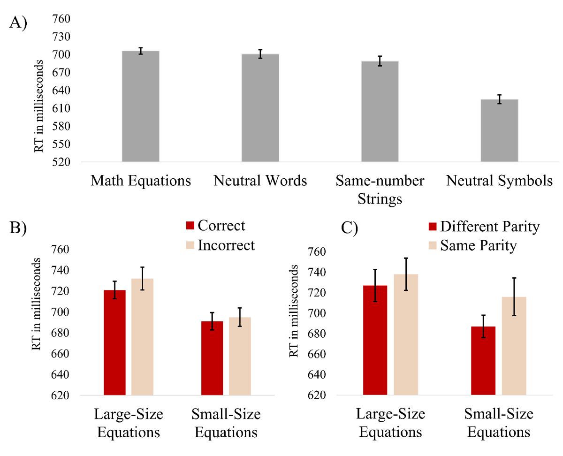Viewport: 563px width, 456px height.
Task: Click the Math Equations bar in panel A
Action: tap(140, 106)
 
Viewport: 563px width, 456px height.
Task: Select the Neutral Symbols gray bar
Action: tap(499, 131)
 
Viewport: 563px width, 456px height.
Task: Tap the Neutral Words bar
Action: tap(260, 108)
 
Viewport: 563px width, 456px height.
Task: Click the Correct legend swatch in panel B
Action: tap(190, 226)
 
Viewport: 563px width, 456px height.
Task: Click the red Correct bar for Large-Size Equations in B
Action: tap(115, 342)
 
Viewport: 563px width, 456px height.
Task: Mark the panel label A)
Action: tap(18, 23)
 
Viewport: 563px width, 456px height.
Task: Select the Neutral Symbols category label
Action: tap(499, 181)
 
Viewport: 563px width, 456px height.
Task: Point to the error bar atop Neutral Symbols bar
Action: tap(499, 99)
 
